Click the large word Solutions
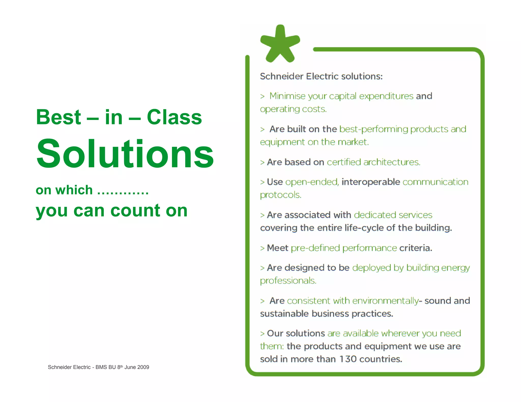tap(125, 154)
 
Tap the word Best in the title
tap(58, 117)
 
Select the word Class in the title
tap(174, 117)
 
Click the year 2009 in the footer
tap(143, 367)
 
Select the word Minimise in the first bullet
tap(287, 96)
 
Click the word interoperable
tap(371, 182)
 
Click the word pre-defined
tap(315, 248)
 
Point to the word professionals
tap(288, 281)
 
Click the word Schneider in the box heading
tap(281, 76)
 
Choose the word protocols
tap(281, 195)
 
